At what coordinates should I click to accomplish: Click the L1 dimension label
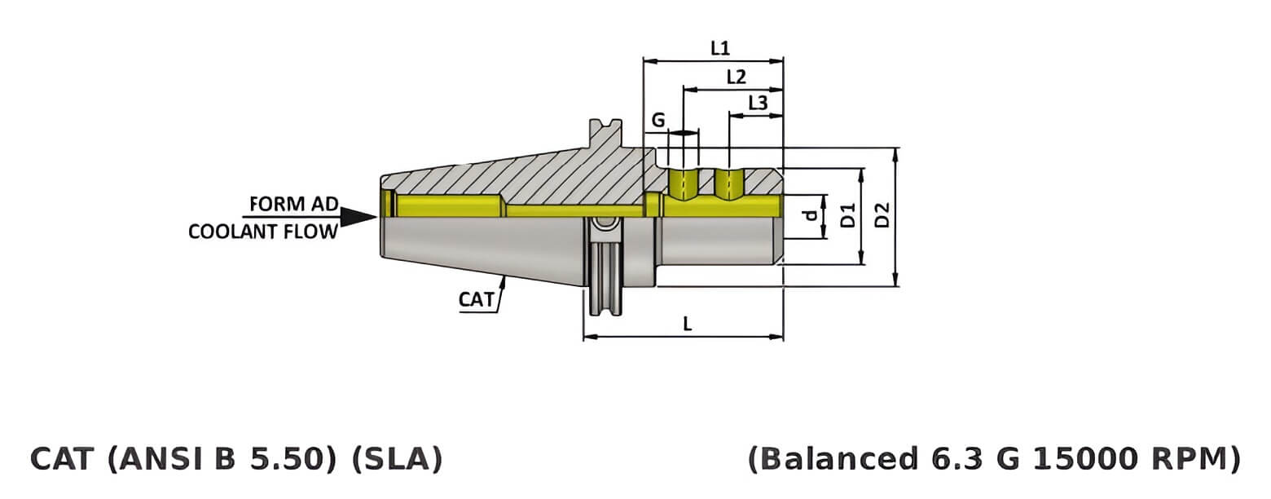[x=719, y=48]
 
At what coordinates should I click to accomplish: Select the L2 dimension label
[x=736, y=77]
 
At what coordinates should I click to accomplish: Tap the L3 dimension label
[x=758, y=104]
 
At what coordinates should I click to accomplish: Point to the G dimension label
[x=658, y=121]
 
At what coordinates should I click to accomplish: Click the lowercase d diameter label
[x=809, y=217]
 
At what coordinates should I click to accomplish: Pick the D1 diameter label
[x=847, y=217]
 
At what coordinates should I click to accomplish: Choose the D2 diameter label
[x=882, y=217]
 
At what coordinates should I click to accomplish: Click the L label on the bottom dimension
[x=687, y=324]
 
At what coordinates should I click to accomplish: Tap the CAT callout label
[x=477, y=299]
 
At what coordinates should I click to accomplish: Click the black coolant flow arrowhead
[x=358, y=217]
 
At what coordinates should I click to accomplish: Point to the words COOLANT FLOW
[x=262, y=232]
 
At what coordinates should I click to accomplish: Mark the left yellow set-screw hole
[x=683, y=185]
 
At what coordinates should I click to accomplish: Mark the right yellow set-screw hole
[x=729, y=185]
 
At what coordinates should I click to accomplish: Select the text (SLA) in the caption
[x=397, y=459]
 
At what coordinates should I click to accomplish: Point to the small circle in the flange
[x=604, y=223]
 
